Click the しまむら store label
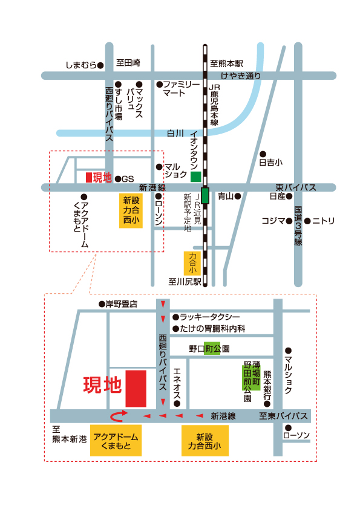(81, 65)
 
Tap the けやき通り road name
(241, 76)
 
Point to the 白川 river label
(175, 133)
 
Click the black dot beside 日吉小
(263, 154)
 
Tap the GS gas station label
(128, 179)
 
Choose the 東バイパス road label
(296, 187)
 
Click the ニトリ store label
(323, 221)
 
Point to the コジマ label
(273, 221)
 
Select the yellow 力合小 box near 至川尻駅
(192, 263)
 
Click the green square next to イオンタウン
(195, 177)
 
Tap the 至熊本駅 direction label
(226, 63)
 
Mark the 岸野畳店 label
(122, 304)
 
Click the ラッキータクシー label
(210, 317)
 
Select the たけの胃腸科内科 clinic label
(212, 329)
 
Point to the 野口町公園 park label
(209, 349)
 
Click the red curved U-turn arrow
(119, 416)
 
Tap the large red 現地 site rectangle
(136, 389)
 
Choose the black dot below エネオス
(177, 404)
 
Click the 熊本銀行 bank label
(267, 385)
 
